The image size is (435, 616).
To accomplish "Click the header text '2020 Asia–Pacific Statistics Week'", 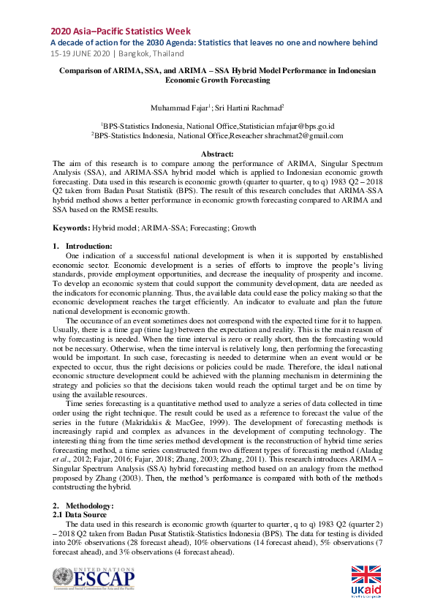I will point(121,31).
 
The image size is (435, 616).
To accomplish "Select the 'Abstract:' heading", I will point(217,154).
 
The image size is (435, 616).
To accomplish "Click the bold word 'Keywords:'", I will point(72,228).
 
